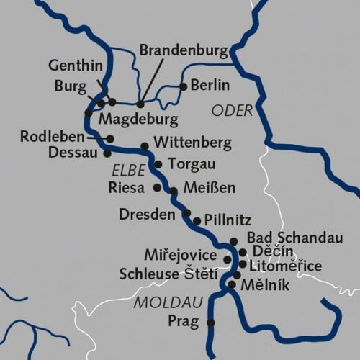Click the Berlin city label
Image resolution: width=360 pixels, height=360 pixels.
pyautogui.click(x=210, y=86)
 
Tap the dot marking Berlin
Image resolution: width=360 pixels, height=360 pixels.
pyautogui.click(x=184, y=86)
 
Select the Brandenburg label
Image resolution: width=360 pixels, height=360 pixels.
pyautogui.click(x=183, y=51)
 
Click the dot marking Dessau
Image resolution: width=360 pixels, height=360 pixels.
pyautogui.click(x=107, y=153)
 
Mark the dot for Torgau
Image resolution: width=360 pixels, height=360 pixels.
pyautogui.click(x=158, y=165)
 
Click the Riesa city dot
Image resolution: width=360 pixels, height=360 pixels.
pyautogui.click(x=158, y=187)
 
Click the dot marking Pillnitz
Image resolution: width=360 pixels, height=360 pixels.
pyautogui.click(x=197, y=221)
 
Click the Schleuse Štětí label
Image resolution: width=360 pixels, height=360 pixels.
pyautogui.click(x=172, y=275)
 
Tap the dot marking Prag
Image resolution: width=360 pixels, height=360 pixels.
pyautogui.click(x=211, y=323)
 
